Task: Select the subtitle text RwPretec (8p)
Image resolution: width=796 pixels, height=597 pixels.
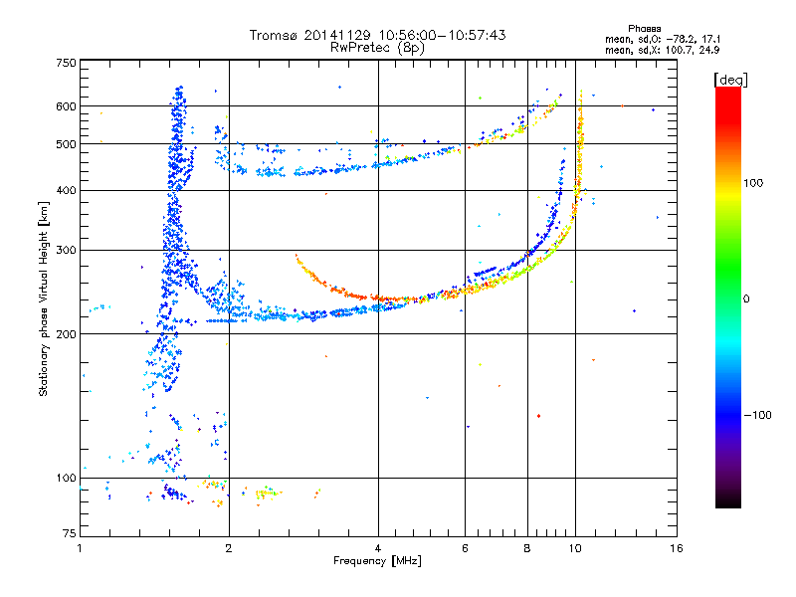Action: (x=377, y=48)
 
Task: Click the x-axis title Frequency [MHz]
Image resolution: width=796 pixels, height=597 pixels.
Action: (x=377, y=561)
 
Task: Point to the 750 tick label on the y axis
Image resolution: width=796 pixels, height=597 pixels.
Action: (x=67, y=63)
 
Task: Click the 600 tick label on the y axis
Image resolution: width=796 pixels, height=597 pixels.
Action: (x=67, y=106)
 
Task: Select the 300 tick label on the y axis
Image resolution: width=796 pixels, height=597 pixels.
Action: (x=67, y=250)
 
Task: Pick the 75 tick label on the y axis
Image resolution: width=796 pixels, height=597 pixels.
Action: (x=70, y=533)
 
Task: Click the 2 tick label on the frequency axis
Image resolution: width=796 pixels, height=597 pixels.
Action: (x=229, y=548)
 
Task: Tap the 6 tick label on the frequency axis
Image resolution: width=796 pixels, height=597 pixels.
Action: (x=465, y=548)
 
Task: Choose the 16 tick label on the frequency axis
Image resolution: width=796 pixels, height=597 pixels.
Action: (x=677, y=548)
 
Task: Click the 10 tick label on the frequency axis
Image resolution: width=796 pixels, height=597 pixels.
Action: (x=575, y=548)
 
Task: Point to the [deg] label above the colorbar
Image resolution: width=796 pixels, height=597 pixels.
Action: (x=730, y=81)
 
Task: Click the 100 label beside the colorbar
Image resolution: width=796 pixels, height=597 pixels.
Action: (x=753, y=183)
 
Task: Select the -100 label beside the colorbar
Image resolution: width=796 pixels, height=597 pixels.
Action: (x=758, y=415)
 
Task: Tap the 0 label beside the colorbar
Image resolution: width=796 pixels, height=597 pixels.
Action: (x=746, y=298)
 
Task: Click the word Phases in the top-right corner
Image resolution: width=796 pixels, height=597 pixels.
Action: (x=645, y=29)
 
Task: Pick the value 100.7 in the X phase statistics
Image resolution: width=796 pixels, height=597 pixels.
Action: (x=678, y=50)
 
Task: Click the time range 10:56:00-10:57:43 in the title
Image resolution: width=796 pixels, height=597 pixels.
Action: (x=442, y=35)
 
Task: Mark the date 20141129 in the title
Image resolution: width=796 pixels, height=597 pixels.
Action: (x=337, y=35)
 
